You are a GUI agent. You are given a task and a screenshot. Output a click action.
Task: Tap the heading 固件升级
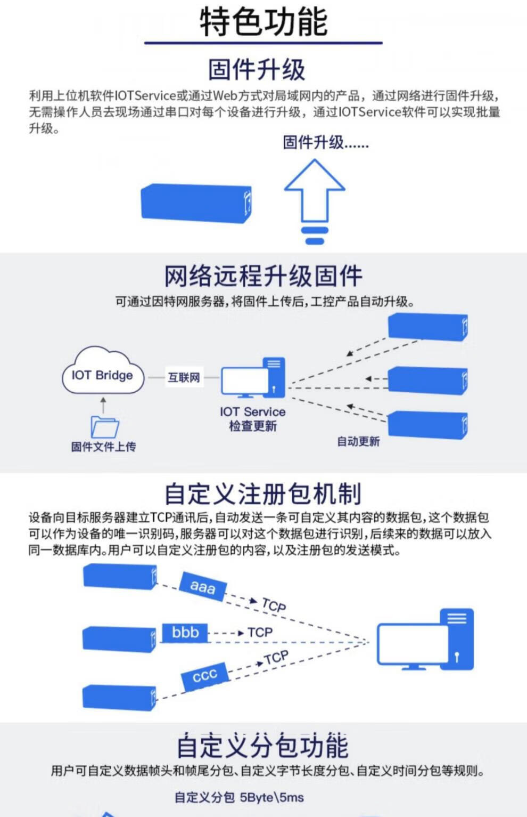[257, 69]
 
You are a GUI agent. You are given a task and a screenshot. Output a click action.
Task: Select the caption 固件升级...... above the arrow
[325, 143]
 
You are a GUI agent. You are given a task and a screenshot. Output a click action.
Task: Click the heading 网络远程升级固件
[263, 276]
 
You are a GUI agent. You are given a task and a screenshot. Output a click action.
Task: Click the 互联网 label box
[184, 377]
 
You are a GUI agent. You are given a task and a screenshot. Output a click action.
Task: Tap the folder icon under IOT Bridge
[104, 426]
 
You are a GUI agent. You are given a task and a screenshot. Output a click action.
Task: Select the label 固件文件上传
[104, 447]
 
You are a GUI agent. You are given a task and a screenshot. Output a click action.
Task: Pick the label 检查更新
[253, 426]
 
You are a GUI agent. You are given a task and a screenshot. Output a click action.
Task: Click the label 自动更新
[358, 441]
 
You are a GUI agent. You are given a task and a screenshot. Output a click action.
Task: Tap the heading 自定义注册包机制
[263, 494]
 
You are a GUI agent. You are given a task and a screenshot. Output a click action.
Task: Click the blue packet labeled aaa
[203, 586]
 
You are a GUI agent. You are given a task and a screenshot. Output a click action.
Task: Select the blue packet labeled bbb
[185, 633]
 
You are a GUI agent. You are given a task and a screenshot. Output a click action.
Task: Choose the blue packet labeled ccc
[204, 676]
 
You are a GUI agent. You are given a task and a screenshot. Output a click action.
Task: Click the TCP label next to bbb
[260, 633]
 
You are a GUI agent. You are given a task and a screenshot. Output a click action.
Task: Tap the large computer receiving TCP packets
[425, 640]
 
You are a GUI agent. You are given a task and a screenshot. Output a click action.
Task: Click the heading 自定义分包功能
[263, 746]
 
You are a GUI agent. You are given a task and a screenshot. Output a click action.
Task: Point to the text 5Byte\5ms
[272, 797]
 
